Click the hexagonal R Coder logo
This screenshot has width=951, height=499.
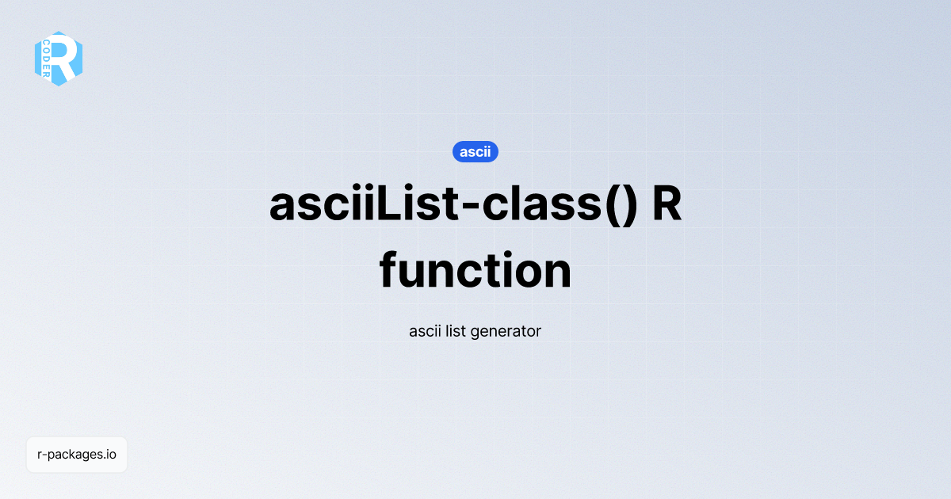pos(59,59)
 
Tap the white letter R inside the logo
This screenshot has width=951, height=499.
pos(67,58)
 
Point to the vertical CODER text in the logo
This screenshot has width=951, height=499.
pos(47,58)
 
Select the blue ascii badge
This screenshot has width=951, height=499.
pos(475,151)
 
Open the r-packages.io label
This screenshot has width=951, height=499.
pos(77,455)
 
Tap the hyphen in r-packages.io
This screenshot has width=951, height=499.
pos(45,455)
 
